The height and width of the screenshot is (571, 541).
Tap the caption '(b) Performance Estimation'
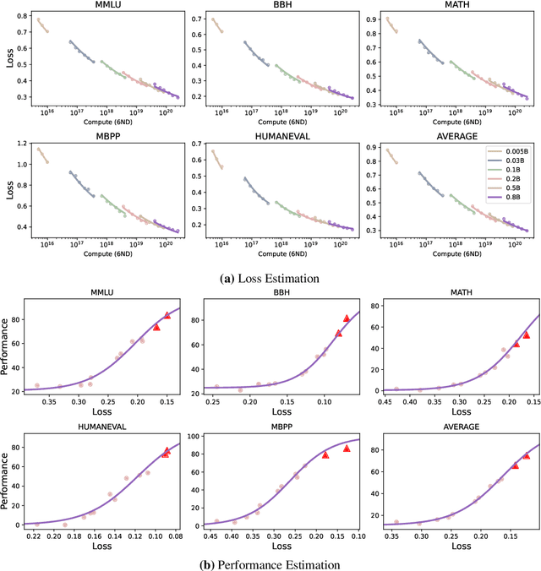[x=270, y=563]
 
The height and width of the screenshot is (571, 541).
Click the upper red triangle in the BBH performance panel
[x=346, y=318]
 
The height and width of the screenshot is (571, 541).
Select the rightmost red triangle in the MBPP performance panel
[x=346, y=448]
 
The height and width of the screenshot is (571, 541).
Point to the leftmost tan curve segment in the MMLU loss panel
[x=42, y=25]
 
